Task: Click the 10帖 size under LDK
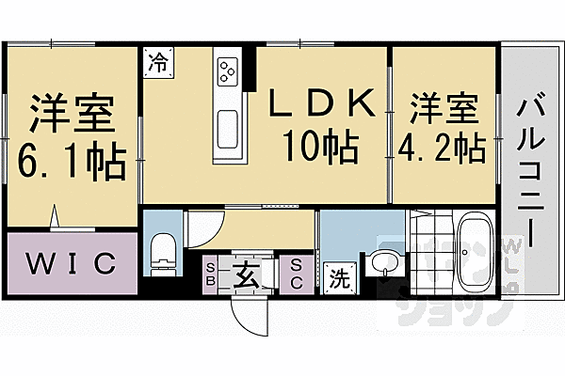[x=315, y=148]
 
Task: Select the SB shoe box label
[x=210, y=274]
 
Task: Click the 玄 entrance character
[x=245, y=275]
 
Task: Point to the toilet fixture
[x=164, y=252]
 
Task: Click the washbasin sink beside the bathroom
[x=381, y=263]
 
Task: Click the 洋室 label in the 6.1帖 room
[x=72, y=115]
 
